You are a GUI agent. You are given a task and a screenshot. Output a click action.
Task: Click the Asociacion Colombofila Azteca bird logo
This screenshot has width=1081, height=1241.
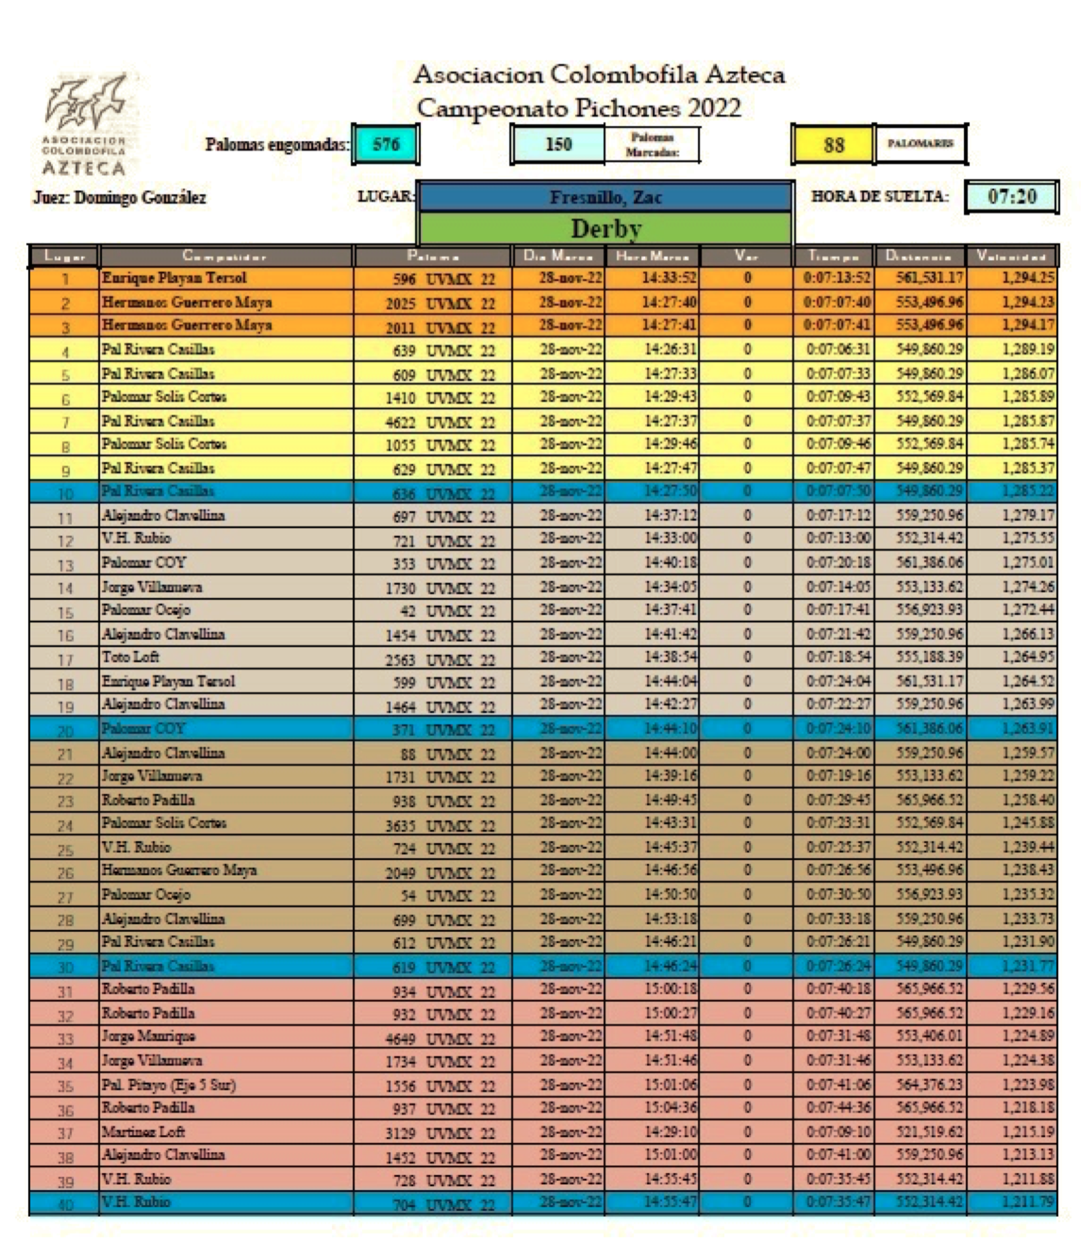click(84, 123)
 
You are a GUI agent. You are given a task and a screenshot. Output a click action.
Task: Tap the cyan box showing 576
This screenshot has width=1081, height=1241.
click(386, 145)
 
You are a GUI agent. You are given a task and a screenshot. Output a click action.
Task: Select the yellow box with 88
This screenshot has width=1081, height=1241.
click(833, 145)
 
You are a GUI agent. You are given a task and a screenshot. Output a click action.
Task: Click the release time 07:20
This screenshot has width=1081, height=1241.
click(1012, 197)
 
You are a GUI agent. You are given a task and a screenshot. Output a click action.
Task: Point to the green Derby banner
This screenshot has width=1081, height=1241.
click(605, 229)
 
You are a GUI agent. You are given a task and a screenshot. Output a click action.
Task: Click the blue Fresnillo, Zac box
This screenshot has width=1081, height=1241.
click(605, 198)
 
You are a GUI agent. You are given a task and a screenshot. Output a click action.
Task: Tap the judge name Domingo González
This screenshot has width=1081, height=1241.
click(120, 198)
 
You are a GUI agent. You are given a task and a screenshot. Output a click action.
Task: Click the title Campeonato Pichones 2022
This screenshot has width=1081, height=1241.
click(578, 108)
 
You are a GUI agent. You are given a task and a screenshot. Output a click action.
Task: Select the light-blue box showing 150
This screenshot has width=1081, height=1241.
click(558, 145)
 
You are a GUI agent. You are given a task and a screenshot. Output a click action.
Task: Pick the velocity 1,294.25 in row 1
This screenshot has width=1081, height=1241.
click(1027, 278)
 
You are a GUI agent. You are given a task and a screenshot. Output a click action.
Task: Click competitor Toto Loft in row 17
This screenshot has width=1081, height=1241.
click(130, 657)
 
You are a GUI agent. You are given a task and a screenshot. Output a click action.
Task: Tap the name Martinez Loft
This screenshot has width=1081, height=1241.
click(143, 1131)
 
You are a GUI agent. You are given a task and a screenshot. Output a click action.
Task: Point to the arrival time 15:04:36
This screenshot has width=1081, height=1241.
click(670, 1108)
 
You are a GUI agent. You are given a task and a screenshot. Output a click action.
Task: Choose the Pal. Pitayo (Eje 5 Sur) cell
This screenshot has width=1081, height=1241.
click(169, 1085)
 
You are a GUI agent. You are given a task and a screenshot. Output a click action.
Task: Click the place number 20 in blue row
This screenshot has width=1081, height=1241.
click(65, 731)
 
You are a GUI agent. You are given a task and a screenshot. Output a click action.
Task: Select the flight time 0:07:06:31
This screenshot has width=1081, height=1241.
click(838, 349)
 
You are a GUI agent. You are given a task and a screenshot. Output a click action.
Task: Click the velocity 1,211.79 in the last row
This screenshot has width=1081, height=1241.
click(1027, 1202)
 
